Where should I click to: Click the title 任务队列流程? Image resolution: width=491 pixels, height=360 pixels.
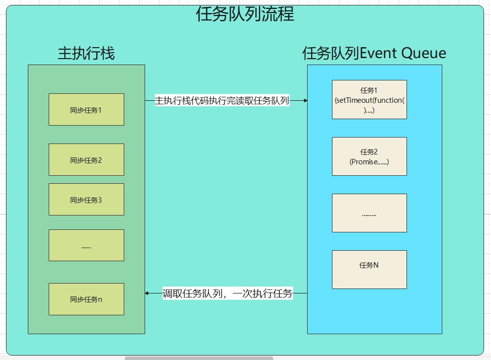tap(245, 14)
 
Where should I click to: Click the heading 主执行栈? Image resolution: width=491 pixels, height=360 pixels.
tap(86, 53)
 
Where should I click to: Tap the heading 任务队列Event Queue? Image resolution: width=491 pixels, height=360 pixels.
tap(374, 53)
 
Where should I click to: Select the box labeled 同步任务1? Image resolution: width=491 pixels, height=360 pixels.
tap(86, 110)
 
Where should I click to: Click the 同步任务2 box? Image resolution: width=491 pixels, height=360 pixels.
tap(86, 160)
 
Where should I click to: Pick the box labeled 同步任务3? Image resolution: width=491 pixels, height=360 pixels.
tap(86, 200)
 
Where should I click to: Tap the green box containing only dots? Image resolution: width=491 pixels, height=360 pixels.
tap(86, 245)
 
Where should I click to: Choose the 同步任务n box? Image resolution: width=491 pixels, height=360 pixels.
tap(86, 299)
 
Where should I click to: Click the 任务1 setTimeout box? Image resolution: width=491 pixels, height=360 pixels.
tap(369, 100)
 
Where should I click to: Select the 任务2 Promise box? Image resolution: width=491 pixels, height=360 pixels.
tap(369, 156)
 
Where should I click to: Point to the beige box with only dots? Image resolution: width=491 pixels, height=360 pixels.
tap(369, 213)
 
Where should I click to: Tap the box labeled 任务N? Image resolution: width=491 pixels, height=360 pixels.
tap(369, 270)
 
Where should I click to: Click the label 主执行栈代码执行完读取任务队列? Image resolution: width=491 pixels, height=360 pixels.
tap(222, 100)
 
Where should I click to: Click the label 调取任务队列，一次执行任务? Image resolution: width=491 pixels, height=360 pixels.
tap(228, 293)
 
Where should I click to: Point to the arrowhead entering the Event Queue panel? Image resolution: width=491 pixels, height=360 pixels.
tap(305, 100)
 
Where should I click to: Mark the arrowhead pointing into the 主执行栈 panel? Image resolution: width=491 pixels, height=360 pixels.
tap(147, 293)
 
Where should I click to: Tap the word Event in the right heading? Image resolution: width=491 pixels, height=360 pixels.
tap(378, 53)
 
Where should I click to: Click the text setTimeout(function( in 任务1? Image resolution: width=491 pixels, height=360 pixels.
tap(370, 100)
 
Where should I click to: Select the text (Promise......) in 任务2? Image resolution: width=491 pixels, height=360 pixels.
tap(369, 162)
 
